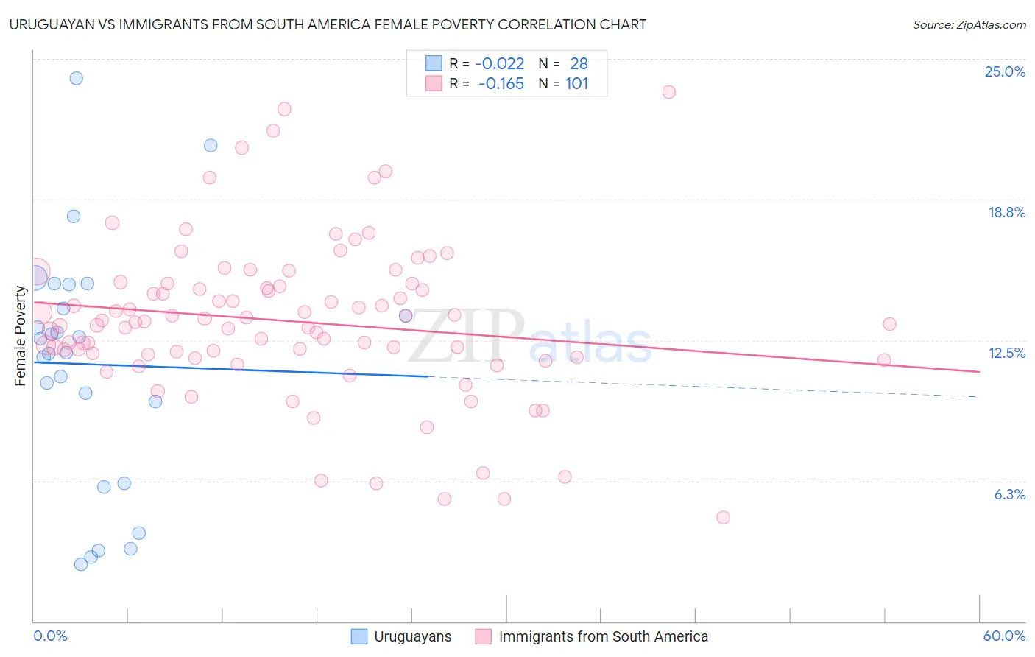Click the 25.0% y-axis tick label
tap(1004, 71)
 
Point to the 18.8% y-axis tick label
tap(1006, 212)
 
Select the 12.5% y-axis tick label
tap(1006, 353)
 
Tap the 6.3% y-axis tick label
tap(1009, 494)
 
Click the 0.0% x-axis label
tap(50, 636)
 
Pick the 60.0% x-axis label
tap(1003, 636)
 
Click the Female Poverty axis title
tap(21, 336)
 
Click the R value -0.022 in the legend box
tap(500, 64)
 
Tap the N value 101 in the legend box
tap(577, 84)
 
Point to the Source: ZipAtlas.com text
tap(969, 25)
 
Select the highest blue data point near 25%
tap(77, 78)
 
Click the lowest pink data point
tap(723, 518)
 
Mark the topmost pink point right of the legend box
tap(668, 92)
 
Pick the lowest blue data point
tap(81, 564)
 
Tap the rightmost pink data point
tap(889, 324)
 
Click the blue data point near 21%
tap(211, 146)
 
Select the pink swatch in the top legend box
tap(434, 84)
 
